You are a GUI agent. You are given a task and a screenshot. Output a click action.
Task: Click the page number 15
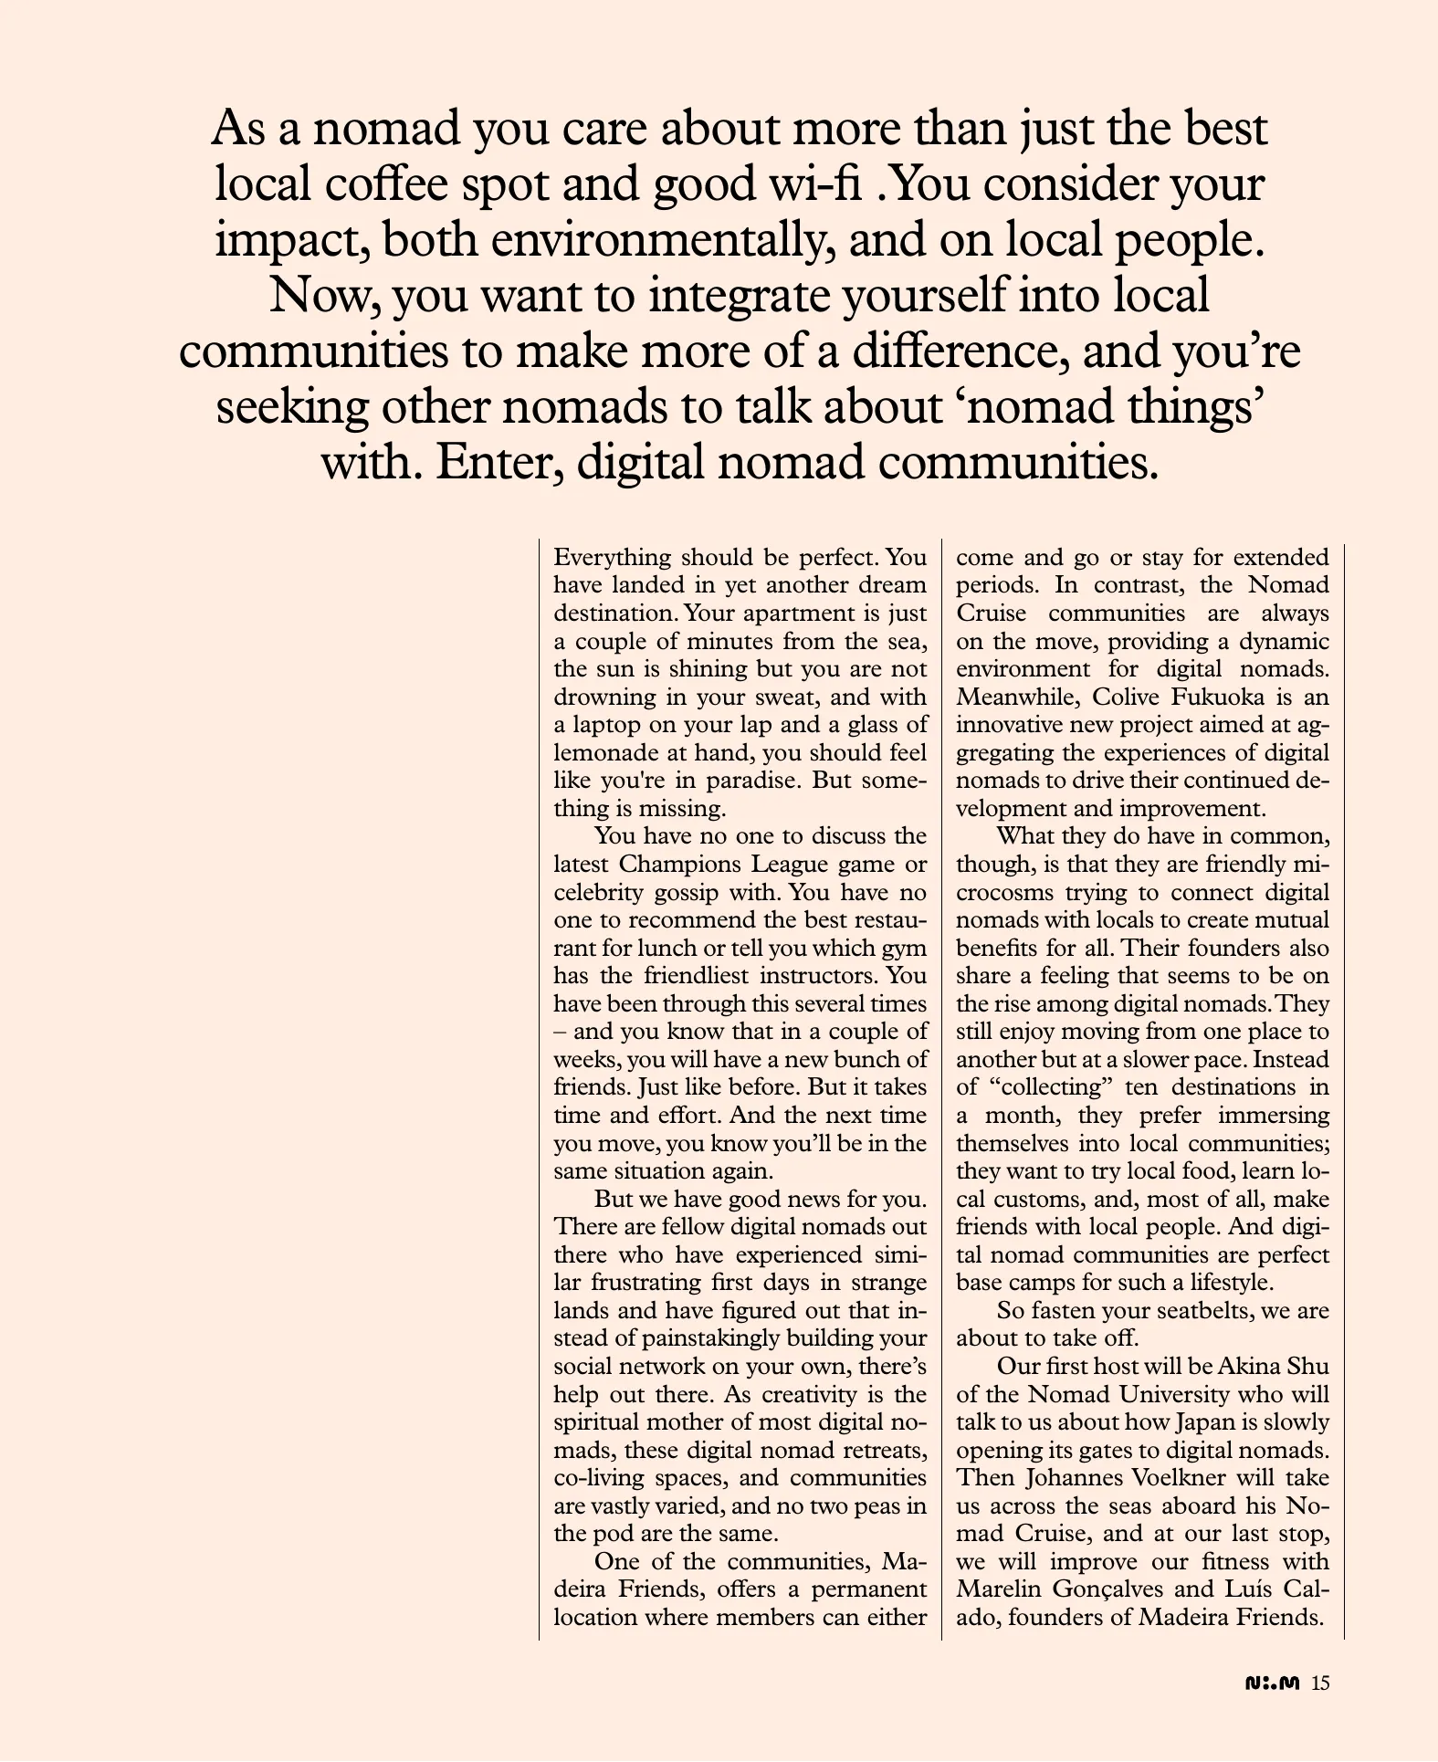[1320, 1684]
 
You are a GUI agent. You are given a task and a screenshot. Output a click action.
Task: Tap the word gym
[907, 948]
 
